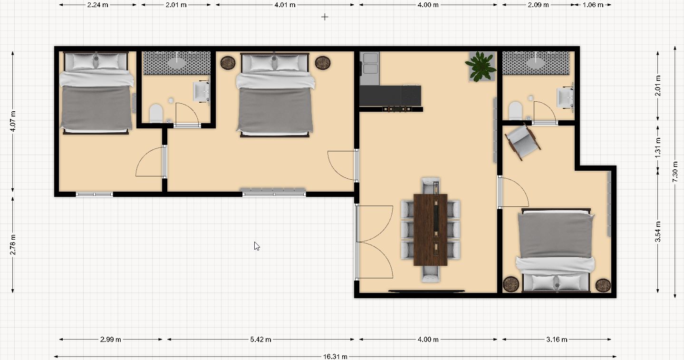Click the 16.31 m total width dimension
click(x=335, y=356)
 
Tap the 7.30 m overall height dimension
click(x=675, y=172)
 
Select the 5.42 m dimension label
click(x=260, y=340)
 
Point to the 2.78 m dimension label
click(x=12, y=244)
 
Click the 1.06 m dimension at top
click(x=593, y=5)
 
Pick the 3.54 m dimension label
click(x=658, y=232)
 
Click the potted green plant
click(x=481, y=67)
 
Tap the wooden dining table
click(x=431, y=230)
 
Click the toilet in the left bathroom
click(x=156, y=113)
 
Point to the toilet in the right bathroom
click(x=515, y=110)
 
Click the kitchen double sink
click(x=370, y=64)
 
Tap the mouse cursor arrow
click(x=257, y=246)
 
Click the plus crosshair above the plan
click(x=325, y=17)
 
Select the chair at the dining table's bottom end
click(x=431, y=274)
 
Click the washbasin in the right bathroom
click(x=565, y=97)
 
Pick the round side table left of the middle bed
click(x=228, y=63)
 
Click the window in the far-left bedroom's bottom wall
click(x=95, y=194)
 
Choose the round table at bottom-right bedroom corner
click(x=603, y=285)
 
